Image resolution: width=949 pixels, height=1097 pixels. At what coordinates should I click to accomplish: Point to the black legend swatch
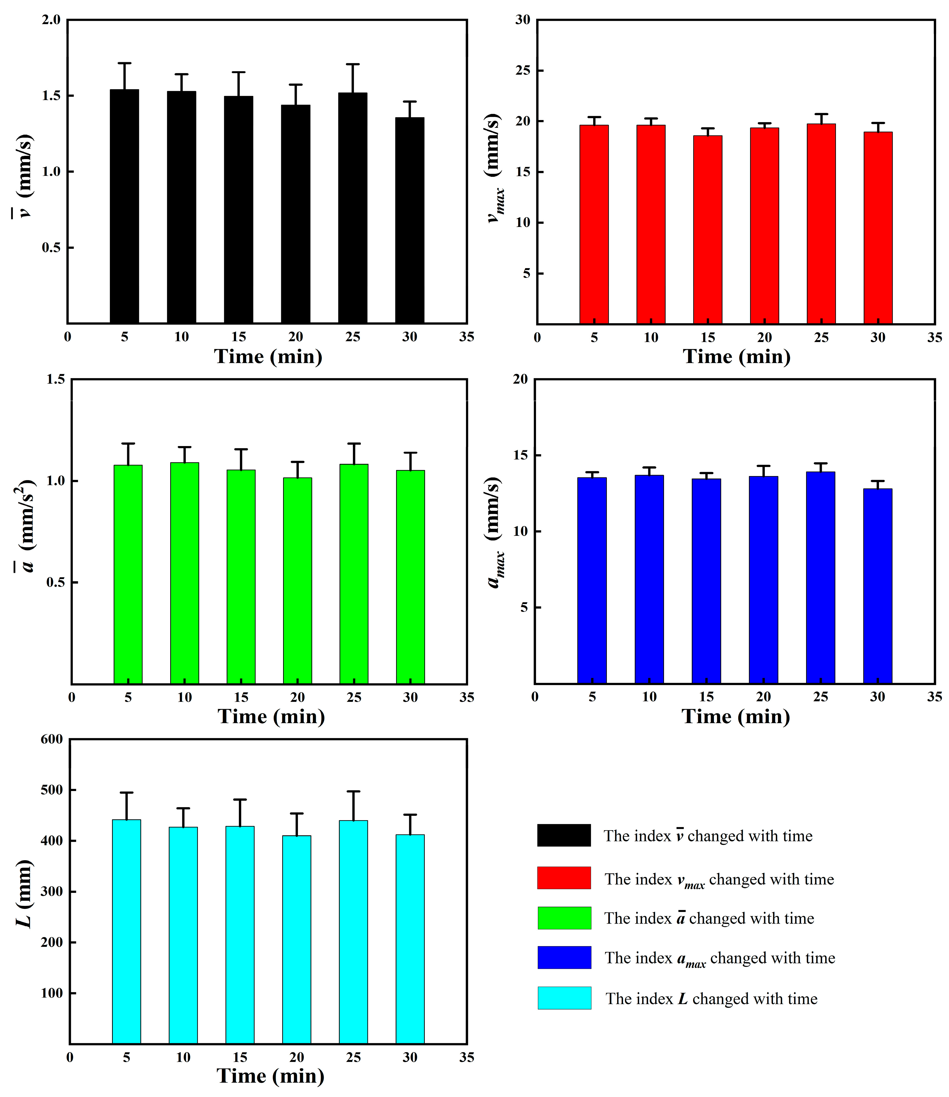tap(563, 835)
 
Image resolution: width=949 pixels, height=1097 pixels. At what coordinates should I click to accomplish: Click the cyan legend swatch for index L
tap(564, 998)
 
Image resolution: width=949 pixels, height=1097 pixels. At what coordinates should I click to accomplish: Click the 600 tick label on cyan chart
tap(51, 739)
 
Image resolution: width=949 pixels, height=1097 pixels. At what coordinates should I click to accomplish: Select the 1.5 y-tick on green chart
tap(55, 379)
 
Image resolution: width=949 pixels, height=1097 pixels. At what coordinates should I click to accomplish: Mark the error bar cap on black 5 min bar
tap(124, 63)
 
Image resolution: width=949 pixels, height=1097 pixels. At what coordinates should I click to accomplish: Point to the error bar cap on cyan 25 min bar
tap(353, 791)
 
